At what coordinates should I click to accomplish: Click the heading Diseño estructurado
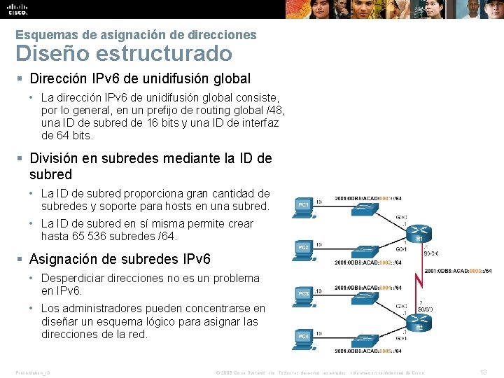[x=123, y=53]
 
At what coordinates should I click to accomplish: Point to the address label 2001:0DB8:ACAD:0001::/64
[x=368, y=198]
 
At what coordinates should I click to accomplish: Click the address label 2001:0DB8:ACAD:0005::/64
[x=368, y=351]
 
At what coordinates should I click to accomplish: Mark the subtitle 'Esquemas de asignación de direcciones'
[x=136, y=34]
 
